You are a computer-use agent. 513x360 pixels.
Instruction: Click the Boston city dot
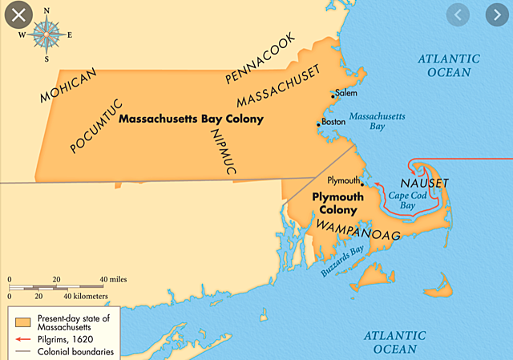[318, 124]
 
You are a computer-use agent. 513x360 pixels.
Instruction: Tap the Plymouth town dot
[363, 184]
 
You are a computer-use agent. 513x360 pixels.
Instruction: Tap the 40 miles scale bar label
[113, 279]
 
